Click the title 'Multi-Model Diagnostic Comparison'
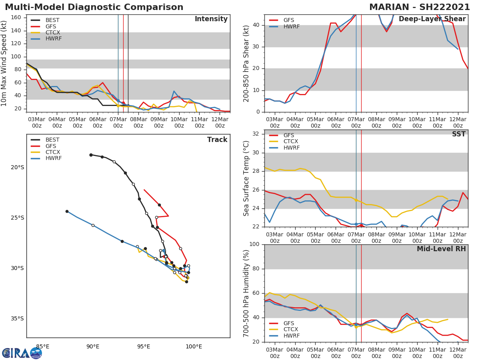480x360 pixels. pos(94,7)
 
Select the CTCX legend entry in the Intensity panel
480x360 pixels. pos(52,32)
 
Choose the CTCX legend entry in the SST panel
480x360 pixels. pos(291,142)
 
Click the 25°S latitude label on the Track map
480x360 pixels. pos(17,218)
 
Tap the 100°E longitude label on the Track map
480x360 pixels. pos(194,346)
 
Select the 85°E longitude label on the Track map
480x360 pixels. pos(43,346)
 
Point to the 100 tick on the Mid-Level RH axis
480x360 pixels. pos(255,244)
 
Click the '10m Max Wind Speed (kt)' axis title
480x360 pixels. pos(4,63)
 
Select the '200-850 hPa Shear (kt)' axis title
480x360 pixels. pos(246,63)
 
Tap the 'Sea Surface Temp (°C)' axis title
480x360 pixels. pos(246,178)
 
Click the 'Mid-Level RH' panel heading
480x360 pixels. pos(441,249)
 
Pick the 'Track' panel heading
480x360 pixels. pos(217,140)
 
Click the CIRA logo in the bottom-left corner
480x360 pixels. pos(22,353)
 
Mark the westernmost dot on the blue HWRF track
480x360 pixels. pos(67,211)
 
